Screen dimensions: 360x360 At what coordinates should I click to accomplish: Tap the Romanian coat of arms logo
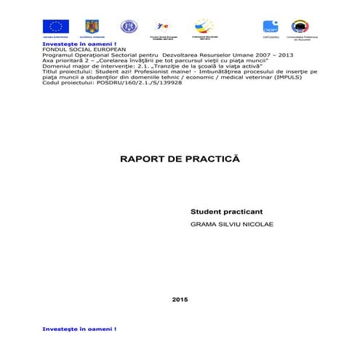click(93, 27)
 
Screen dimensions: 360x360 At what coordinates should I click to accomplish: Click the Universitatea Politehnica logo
click(299, 27)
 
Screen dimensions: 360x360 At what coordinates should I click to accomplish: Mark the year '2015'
click(180, 279)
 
